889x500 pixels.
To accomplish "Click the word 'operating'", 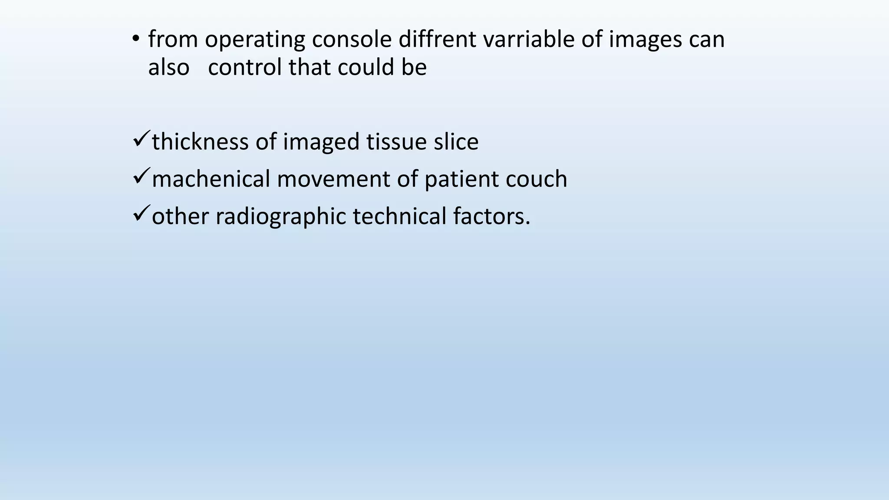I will pyautogui.click(x=255, y=40).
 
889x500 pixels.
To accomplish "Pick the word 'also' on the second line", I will pyautogui.click(x=169, y=67).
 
